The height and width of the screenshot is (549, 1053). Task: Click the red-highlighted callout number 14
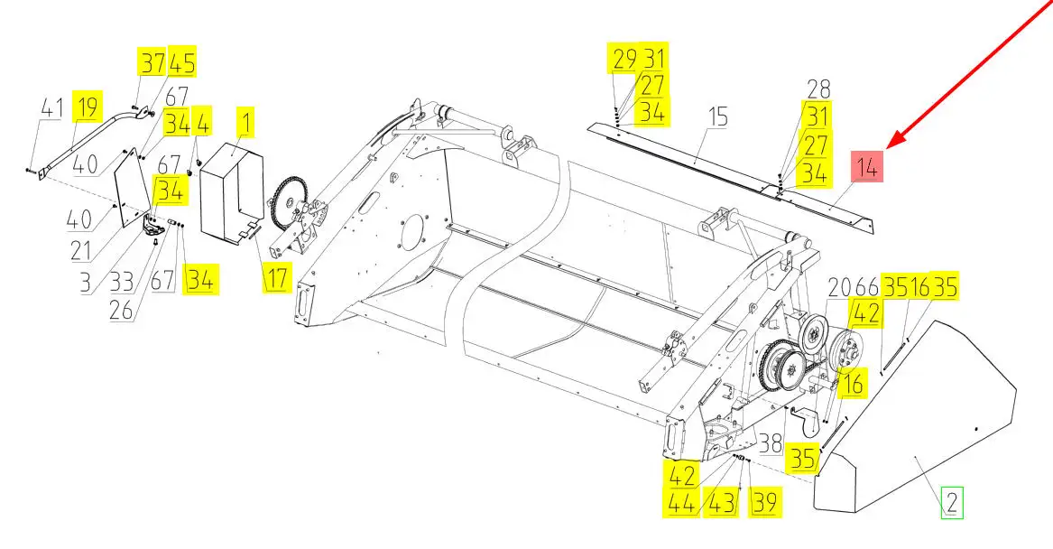coord(866,167)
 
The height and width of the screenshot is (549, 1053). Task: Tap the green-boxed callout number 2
coord(952,502)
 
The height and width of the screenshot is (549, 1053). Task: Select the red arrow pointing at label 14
coord(970,73)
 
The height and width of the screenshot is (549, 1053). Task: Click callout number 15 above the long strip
coord(718,116)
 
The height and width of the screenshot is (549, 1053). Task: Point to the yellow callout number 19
coord(88,107)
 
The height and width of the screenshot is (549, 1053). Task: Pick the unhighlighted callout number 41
coord(51,107)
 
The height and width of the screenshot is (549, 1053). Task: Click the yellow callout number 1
coord(245,124)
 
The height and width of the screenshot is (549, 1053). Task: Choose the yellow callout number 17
coord(277,277)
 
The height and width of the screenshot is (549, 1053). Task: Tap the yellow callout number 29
coord(623,59)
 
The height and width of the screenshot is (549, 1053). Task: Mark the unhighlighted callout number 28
coord(818,88)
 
